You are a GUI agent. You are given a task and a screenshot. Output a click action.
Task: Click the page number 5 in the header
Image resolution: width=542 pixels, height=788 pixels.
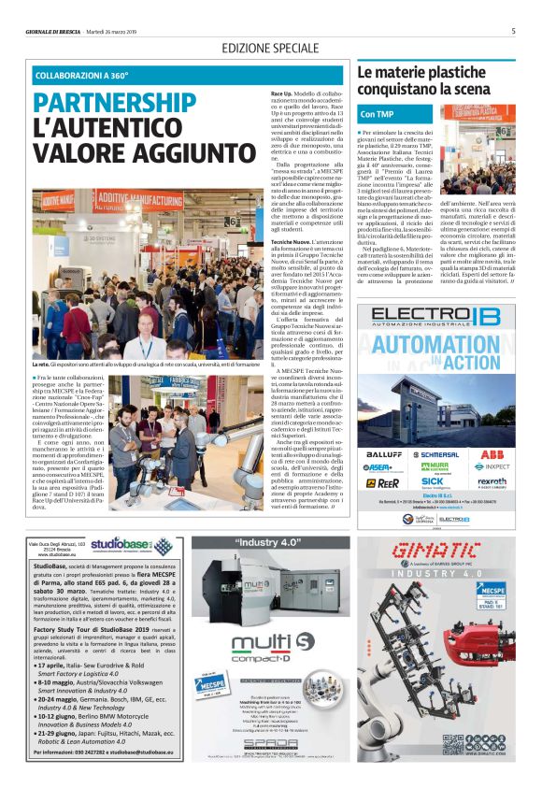[x=514, y=30]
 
